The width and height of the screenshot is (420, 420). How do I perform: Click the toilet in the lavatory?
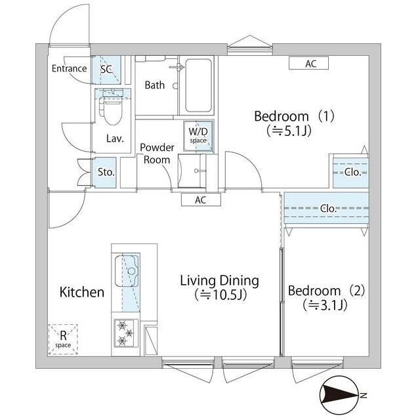pos(112,110)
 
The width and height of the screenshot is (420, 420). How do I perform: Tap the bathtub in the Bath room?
pos(198,85)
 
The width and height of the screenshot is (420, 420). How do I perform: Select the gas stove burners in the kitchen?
pos(125,333)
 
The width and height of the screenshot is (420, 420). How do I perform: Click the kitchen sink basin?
pos(127,271)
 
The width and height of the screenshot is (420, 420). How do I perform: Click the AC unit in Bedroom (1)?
pos(308,64)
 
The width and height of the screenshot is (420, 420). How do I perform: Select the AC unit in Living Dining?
pos(201,199)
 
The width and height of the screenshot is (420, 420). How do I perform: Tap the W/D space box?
pos(198,136)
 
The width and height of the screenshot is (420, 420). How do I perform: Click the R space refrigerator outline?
pos(63,339)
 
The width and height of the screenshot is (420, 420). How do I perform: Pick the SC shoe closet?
pos(106,70)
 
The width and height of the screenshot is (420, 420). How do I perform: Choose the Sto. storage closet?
pos(104,172)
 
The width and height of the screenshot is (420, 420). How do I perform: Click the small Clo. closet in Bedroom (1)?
pos(351,173)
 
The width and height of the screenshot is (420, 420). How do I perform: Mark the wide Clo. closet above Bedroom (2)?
pos(326,208)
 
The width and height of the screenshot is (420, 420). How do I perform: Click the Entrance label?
pos(69,68)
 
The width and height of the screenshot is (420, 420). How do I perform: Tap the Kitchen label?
pos(81,292)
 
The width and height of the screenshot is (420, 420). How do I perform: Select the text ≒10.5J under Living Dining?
pos(220,295)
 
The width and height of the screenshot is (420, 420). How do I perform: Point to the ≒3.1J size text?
pos(325,305)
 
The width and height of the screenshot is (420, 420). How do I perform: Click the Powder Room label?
pos(157,154)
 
